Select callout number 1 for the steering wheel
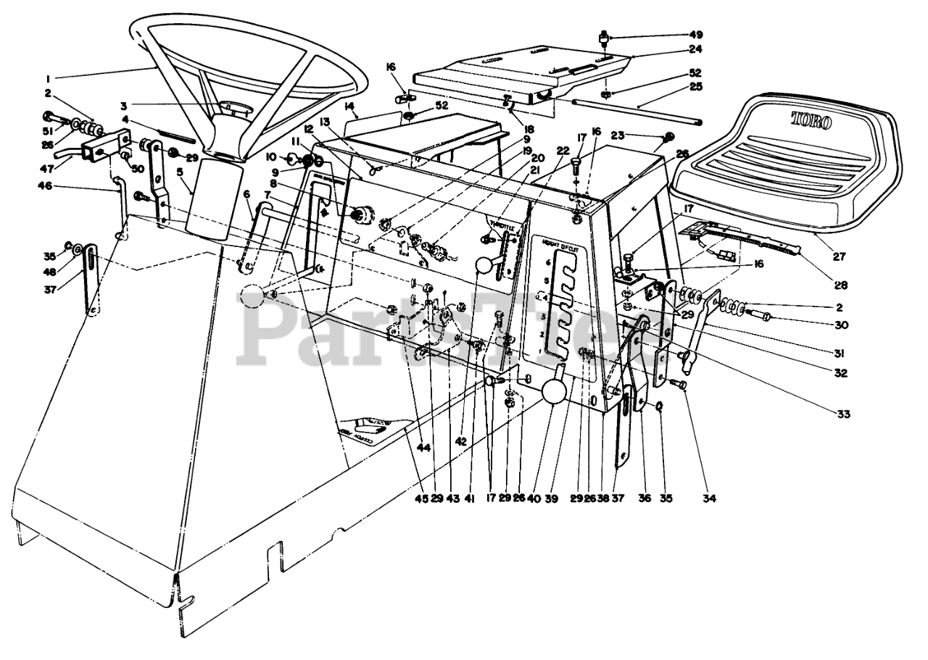click(x=48, y=76)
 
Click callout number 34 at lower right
click(x=709, y=498)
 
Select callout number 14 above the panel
click(x=350, y=106)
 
